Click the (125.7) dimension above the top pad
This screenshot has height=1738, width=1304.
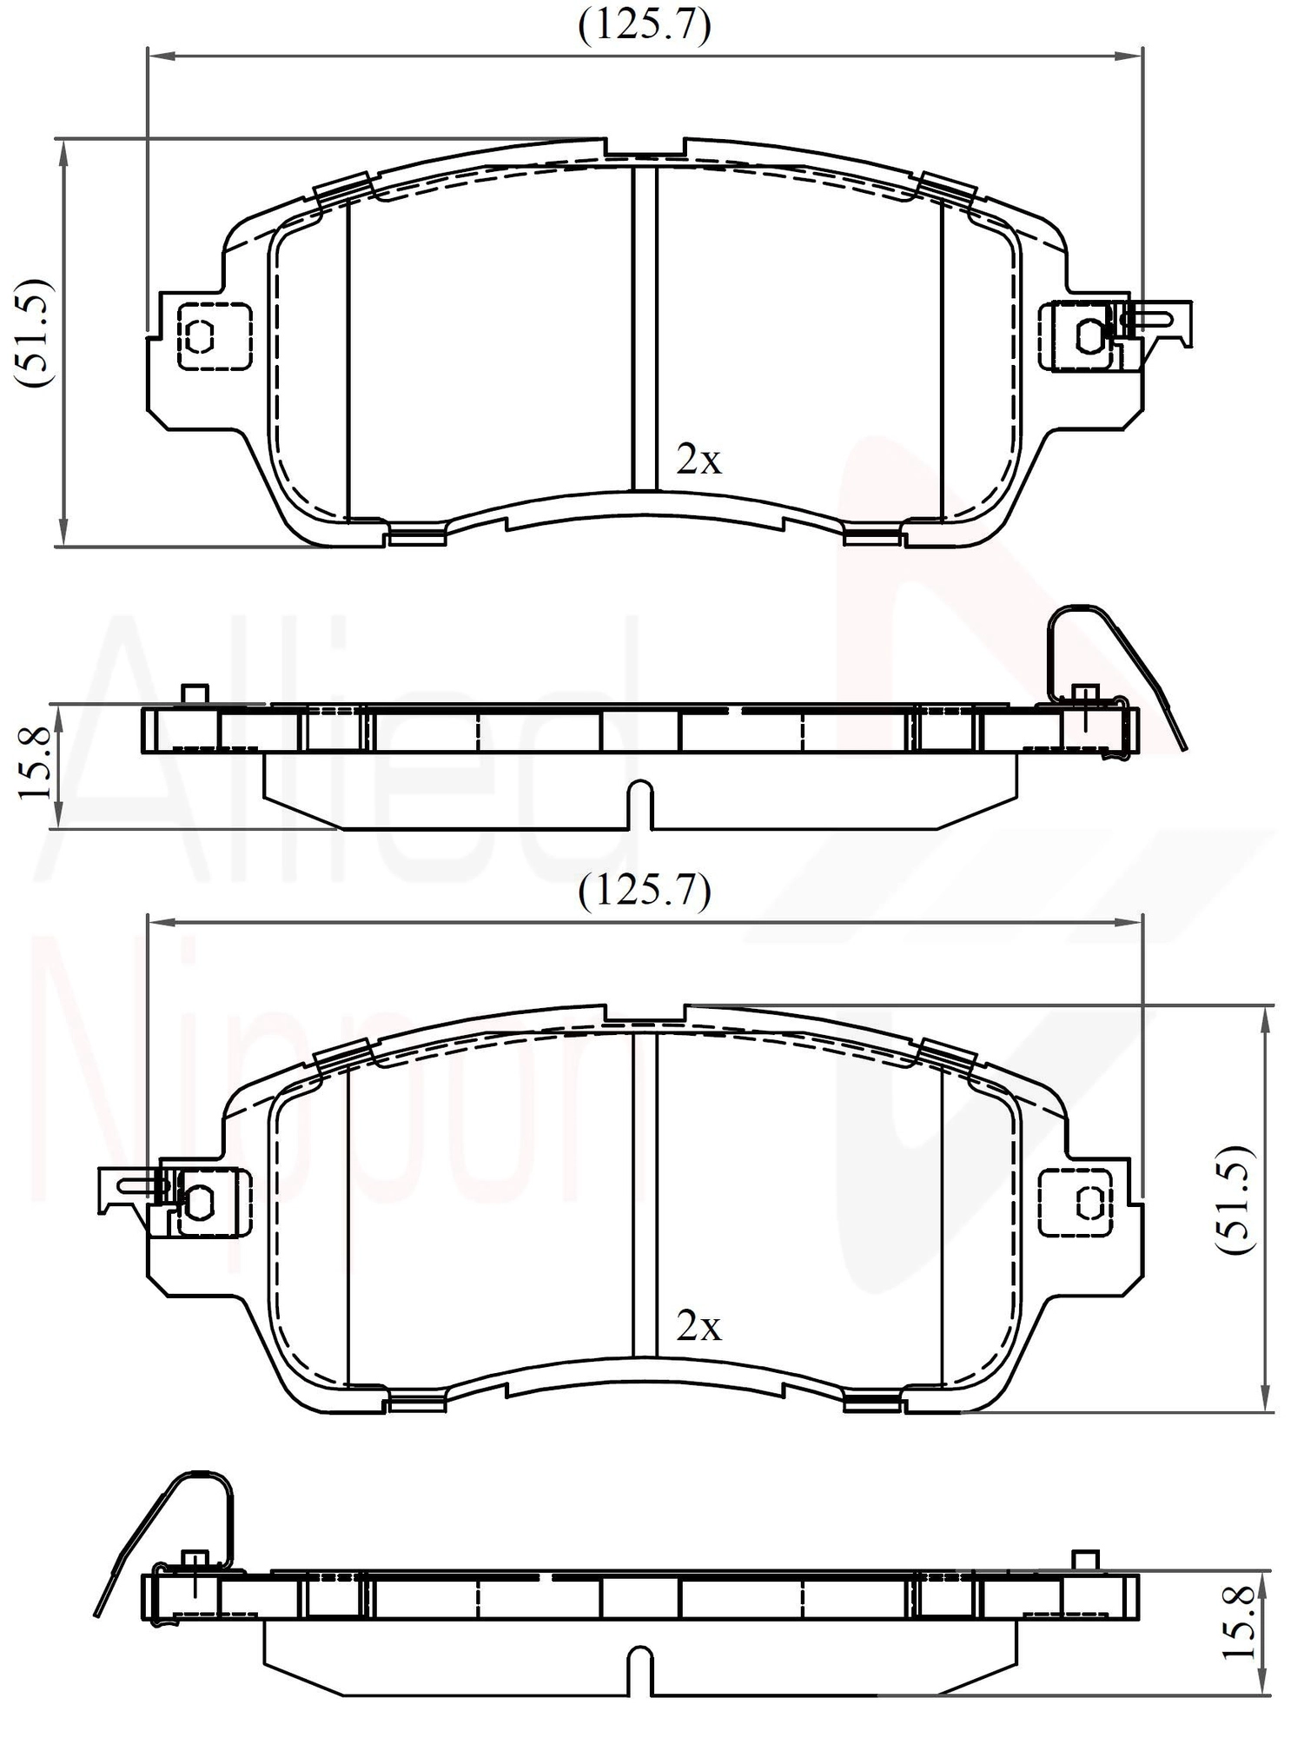click(645, 26)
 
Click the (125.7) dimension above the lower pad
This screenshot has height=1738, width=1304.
click(645, 891)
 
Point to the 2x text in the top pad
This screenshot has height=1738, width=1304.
click(698, 460)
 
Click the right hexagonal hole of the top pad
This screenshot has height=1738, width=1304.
click(1090, 335)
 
